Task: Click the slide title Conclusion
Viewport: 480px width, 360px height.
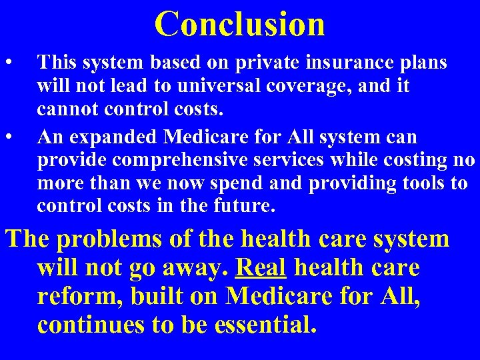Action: point(240,23)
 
